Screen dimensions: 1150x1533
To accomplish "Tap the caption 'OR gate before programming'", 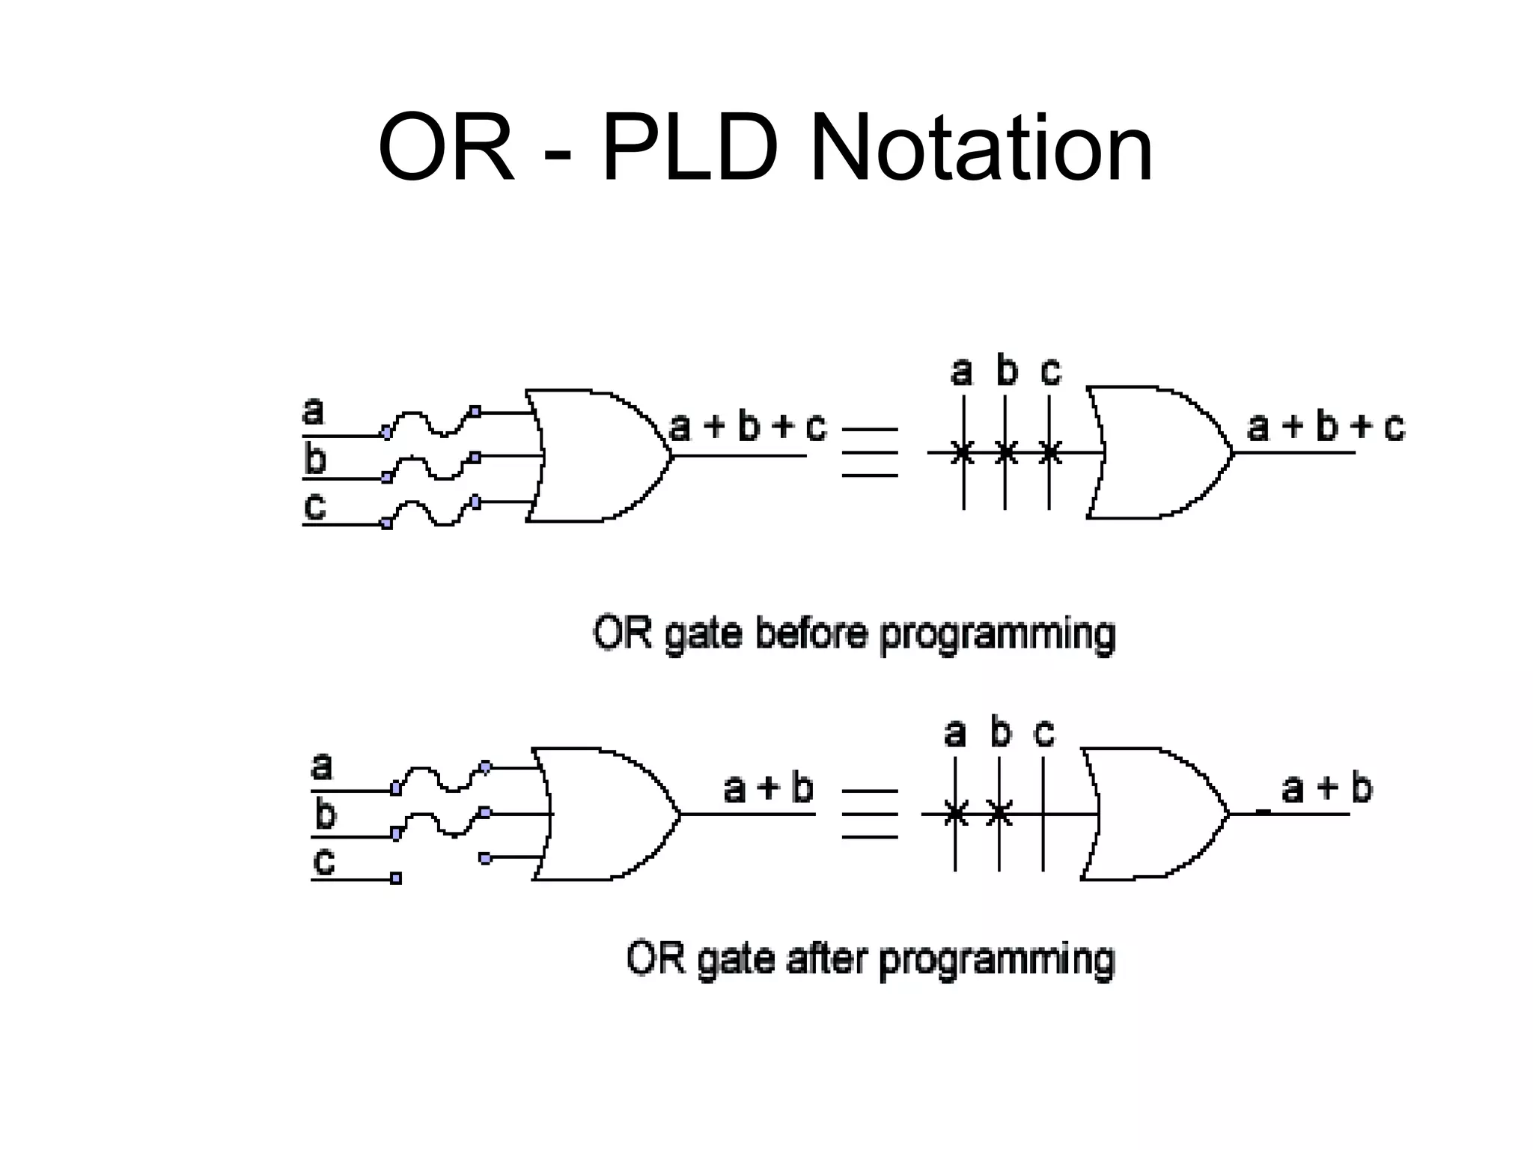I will click(854, 634).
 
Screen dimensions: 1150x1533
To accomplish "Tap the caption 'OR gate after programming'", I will click(871, 959).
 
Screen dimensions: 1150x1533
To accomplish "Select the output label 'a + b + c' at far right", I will click(1326, 427).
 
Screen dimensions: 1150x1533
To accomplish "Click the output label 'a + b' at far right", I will click(1326, 788).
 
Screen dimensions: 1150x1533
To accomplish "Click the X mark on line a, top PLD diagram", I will click(963, 452).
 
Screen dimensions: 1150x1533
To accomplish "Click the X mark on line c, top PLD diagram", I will click(1050, 452).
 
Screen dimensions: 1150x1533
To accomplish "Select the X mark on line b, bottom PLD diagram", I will click(999, 813).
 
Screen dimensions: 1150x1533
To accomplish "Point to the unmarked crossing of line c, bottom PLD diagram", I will click(1043, 814).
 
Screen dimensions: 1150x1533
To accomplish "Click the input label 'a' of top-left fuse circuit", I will click(313, 411).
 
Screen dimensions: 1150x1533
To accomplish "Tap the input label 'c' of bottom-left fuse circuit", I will click(323, 861).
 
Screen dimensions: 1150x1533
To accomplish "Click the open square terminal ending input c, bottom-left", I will click(396, 878).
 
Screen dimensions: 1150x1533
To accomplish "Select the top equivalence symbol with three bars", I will click(869, 452).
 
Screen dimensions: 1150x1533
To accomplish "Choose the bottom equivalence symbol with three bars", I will click(869, 814).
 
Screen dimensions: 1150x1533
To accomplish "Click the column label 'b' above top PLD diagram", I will click(1007, 371).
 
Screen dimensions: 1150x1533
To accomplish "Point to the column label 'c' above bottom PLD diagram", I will click(1044, 732).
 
